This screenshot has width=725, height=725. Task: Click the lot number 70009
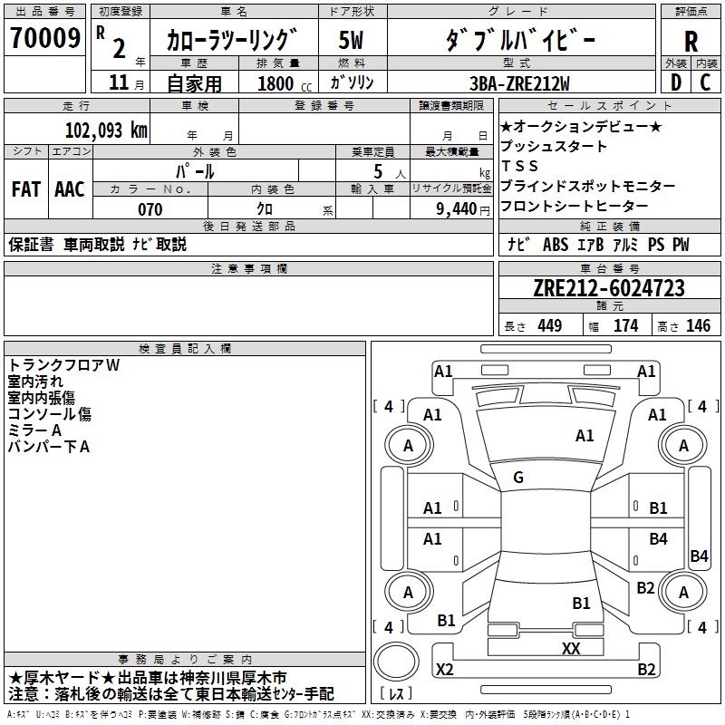pos(44,40)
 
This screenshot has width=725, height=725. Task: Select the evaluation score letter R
pos(691,41)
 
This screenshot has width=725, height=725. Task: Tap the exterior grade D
pos(674,82)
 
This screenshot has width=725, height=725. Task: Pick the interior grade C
pos(706,82)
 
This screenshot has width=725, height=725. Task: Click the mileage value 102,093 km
pos(106,130)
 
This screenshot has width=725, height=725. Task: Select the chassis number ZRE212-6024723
pos(609,289)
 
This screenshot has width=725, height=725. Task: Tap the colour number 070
pos(150,209)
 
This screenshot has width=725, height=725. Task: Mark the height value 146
pos(698,326)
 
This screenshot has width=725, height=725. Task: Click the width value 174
pos(625,326)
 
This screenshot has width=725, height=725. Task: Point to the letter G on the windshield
pos(518,478)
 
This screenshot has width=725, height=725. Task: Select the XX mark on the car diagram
pos(571,648)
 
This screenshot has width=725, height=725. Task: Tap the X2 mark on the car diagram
pos(445,669)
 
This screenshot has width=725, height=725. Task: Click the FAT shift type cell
pos(25,189)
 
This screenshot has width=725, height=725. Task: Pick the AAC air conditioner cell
pos(70,189)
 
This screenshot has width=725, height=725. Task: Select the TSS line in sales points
pos(520,166)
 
